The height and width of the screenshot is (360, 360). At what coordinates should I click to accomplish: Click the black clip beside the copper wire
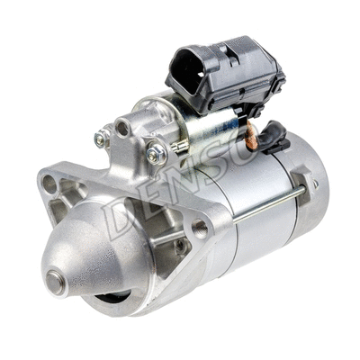(274, 139)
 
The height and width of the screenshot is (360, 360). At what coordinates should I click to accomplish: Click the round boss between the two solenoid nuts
(122, 129)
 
